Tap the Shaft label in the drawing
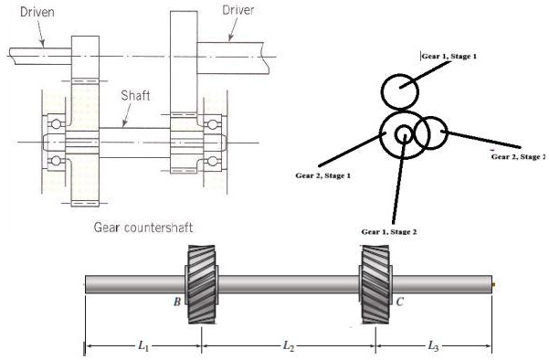coord(138,94)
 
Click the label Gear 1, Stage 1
coord(449,56)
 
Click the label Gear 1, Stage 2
coord(389,232)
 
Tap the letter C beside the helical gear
coord(399,299)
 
